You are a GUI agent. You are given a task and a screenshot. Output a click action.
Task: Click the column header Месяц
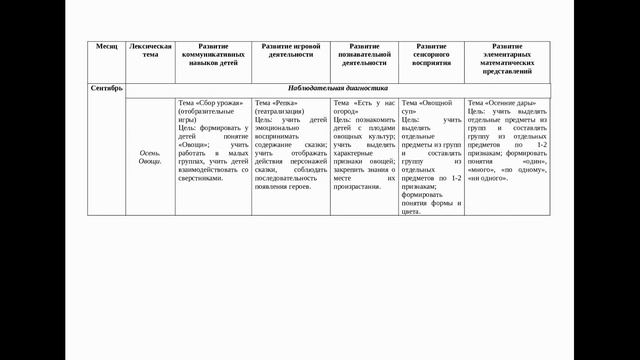point(106,47)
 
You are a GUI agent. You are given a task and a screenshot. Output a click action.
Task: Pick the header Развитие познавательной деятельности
point(364,55)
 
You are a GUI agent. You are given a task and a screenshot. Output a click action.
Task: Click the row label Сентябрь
point(106,88)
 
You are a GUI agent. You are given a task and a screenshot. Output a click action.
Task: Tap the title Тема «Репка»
point(276,102)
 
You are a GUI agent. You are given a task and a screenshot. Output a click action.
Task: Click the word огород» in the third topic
point(347,111)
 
